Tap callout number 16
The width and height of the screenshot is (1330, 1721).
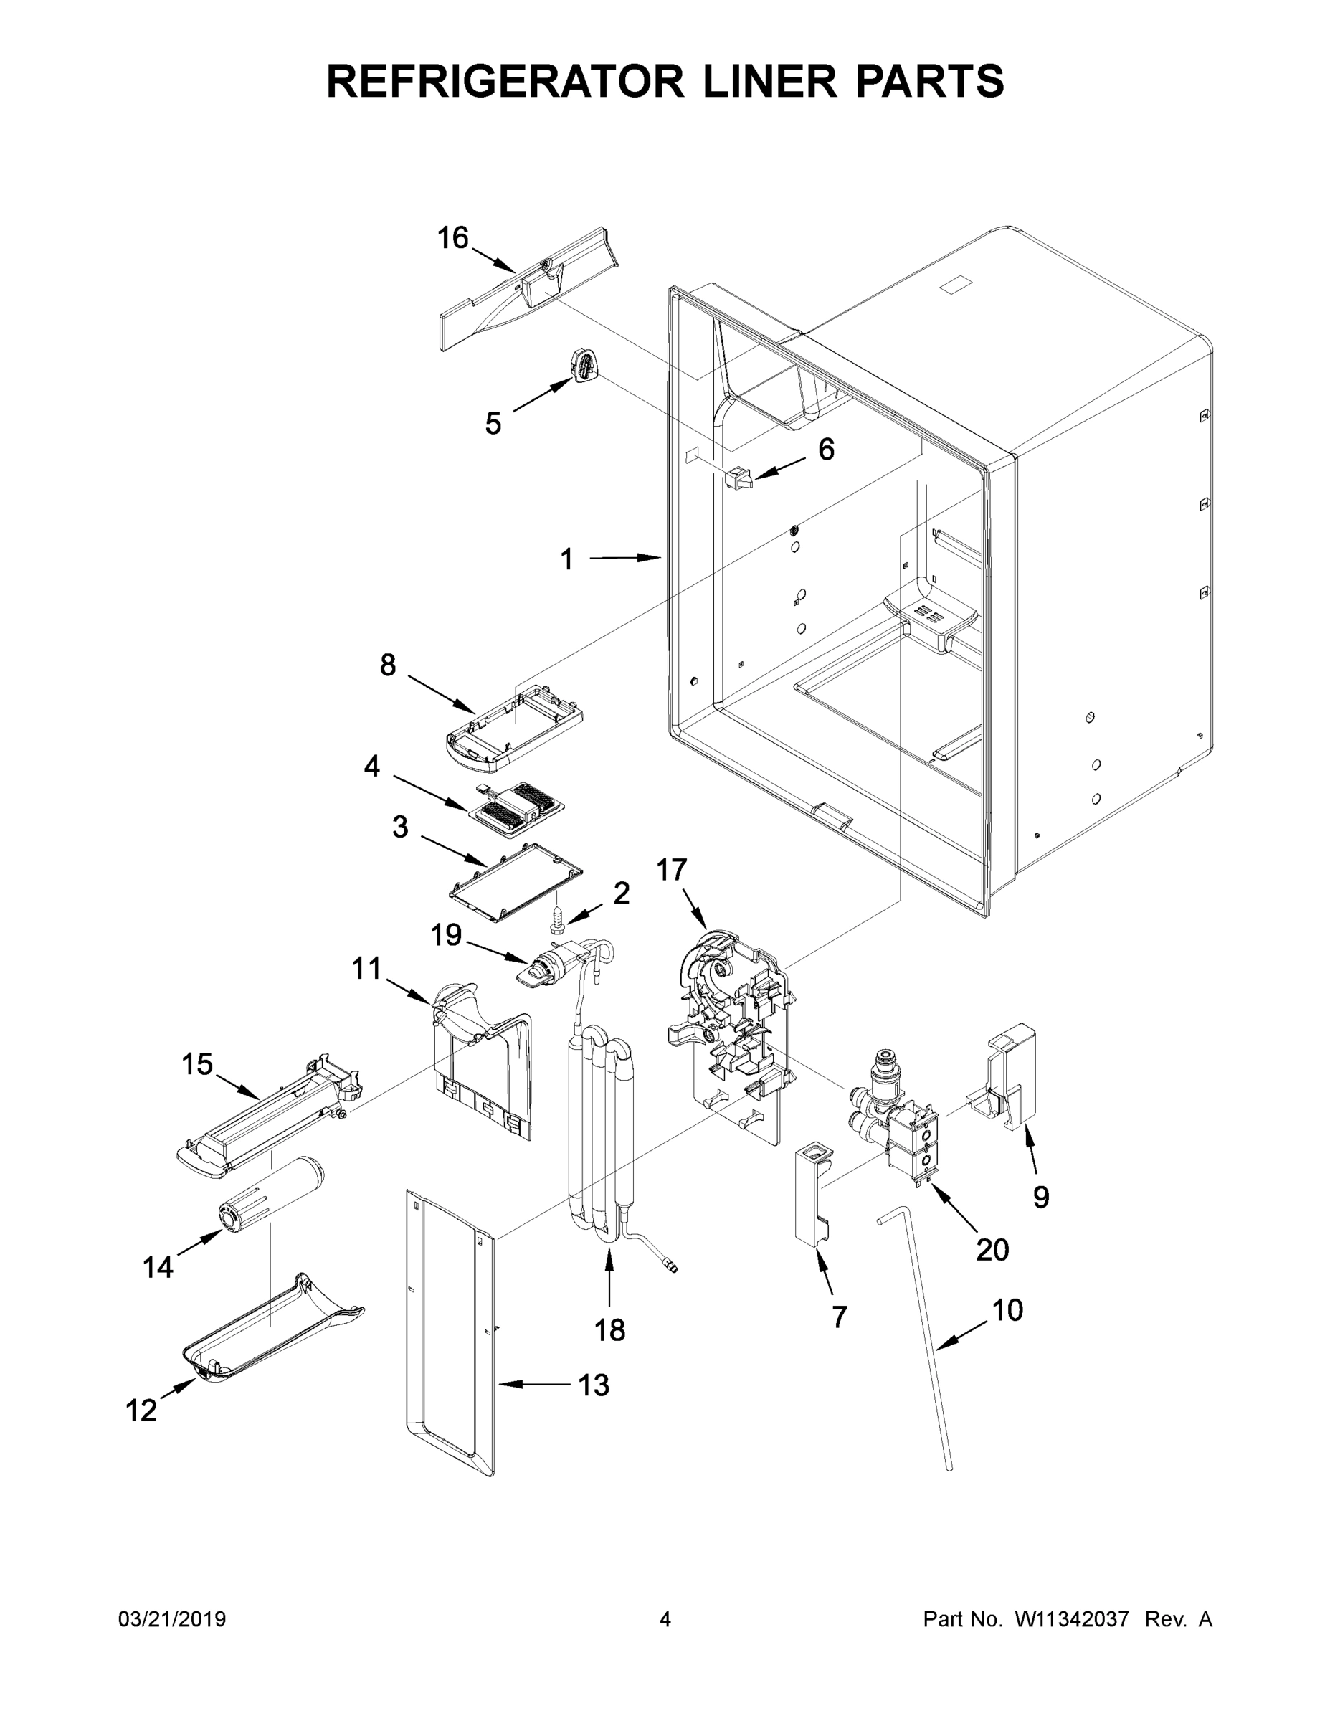(x=453, y=237)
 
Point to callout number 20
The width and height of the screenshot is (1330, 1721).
(x=992, y=1249)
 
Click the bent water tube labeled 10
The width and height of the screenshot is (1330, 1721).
(x=922, y=1340)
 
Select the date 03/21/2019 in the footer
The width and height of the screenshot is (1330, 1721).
(x=172, y=1619)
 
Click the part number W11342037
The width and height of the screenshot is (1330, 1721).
(x=1072, y=1619)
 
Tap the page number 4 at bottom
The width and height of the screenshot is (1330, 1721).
(x=665, y=1619)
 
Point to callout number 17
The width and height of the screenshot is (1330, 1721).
(x=671, y=870)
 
